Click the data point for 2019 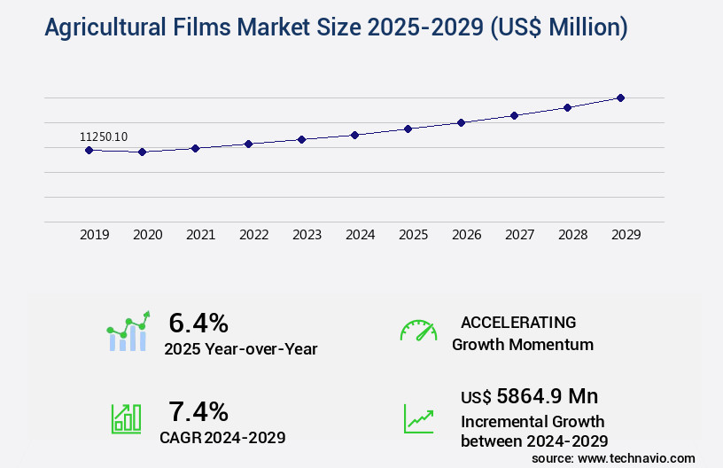pyautogui.click(x=89, y=150)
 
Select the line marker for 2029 pyautogui.click(x=620, y=97)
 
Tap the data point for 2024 pyautogui.click(x=354, y=135)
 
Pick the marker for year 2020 pyautogui.click(x=142, y=152)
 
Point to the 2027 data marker pyautogui.click(x=514, y=115)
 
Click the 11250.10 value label pyautogui.click(x=104, y=136)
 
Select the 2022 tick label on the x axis pyautogui.click(x=253, y=235)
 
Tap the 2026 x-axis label pyautogui.click(x=466, y=235)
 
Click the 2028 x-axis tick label pyautogui.click(x=572, y=235)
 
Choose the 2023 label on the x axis pyautogui.click(x=307, y=235)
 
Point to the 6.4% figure pyautogui.click(x=198, y=323)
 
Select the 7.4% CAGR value pyautogui.click(x=198, y=411)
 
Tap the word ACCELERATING pyautogui.click(x=518, y=322)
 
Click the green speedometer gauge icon pyautogui.click(x=418, y=331)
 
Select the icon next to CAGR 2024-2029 pyautogui.click(x=126, y=417)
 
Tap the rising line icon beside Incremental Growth pyautogui.click(x=418, y=417)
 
